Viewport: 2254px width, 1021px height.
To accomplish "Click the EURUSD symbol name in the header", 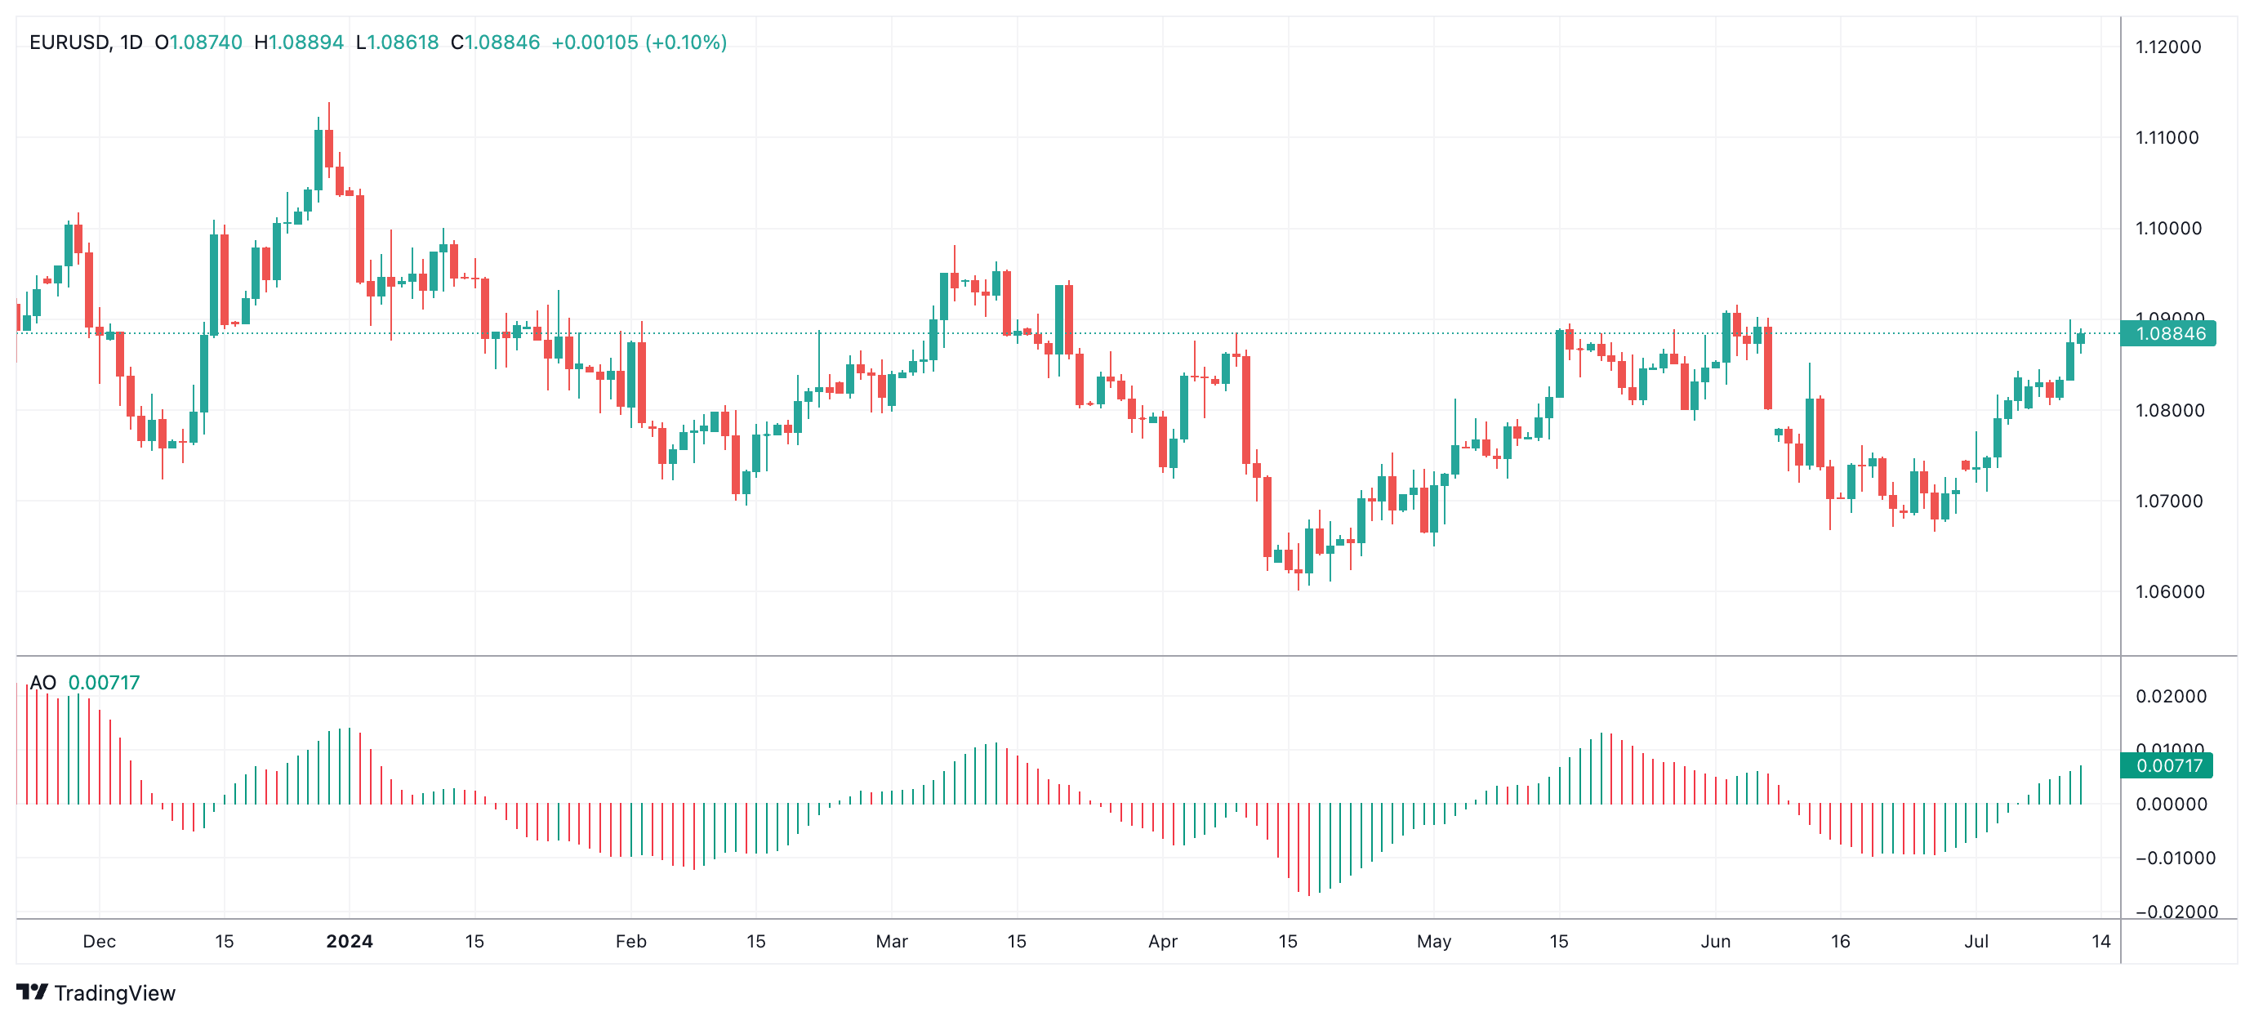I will (69, 42).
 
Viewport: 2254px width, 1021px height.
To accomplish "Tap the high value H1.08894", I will (298, 42).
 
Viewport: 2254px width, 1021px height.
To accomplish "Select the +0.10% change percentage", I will (686, 42).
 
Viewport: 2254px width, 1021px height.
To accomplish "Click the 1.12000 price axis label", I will (2167, 47).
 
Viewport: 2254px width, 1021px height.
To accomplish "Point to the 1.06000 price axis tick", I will (2167, 591).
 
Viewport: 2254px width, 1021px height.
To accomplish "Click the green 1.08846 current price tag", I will (2169, 333).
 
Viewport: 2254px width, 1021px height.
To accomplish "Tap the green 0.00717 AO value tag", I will (2167, 765).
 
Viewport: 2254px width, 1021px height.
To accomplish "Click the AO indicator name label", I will (42, 682).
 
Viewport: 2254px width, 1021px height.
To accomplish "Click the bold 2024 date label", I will (350, 942).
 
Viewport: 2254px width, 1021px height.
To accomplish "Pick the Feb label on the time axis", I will (630, 942).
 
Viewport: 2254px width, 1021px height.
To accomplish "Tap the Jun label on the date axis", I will (1714, 942).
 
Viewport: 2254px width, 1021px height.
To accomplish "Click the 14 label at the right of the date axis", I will (2100, 942).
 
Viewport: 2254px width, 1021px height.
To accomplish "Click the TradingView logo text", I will (114, 993).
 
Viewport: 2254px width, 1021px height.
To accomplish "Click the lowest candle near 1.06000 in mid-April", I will (1298, 573).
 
